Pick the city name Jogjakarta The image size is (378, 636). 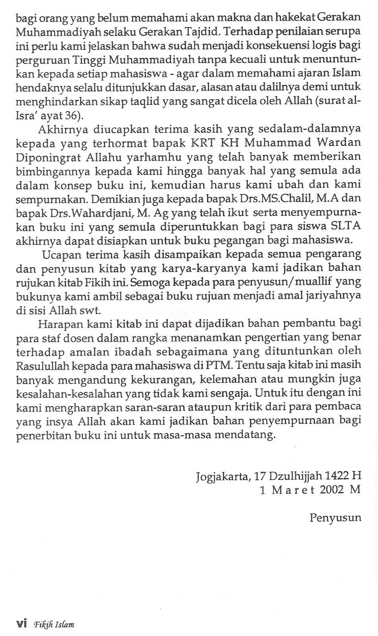tap(222, 476)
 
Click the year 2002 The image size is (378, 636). tap(331, 489)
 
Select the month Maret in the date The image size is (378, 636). tap(292, 489)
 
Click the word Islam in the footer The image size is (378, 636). tap(64, 624)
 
